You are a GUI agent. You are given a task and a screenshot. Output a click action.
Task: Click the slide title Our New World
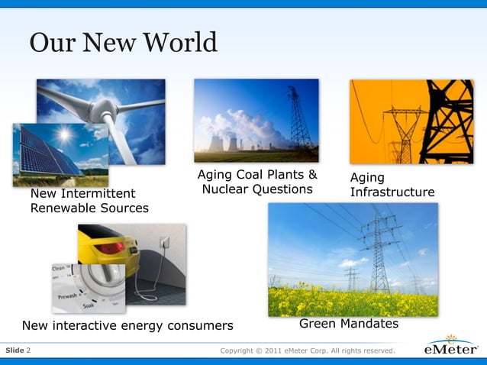point(124,43)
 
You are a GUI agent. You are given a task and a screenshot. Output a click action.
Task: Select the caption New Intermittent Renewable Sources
point(89,201)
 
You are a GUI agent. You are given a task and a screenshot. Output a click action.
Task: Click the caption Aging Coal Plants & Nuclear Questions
point(256,182)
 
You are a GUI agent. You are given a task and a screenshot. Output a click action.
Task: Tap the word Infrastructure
point(392,192)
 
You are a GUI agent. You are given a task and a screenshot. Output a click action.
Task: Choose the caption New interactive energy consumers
point(127,326)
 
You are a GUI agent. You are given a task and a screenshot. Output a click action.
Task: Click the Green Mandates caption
point(349,324)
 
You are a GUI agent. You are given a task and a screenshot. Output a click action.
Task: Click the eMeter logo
point(451,350)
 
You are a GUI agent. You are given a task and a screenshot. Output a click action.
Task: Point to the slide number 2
point(29,350)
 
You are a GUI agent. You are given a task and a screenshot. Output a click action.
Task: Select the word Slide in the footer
point(15,350)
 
